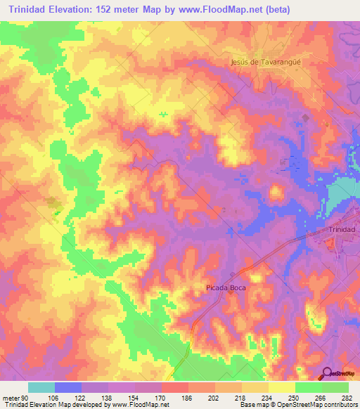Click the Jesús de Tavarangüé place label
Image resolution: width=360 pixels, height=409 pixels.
[266, 62]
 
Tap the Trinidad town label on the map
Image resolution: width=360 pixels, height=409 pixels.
[343, 231]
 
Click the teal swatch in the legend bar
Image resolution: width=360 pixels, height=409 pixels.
[41, 387]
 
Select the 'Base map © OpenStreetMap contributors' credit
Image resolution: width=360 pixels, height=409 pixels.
[299, 404]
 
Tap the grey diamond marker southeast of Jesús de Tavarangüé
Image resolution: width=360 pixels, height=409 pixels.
[304, 117]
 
